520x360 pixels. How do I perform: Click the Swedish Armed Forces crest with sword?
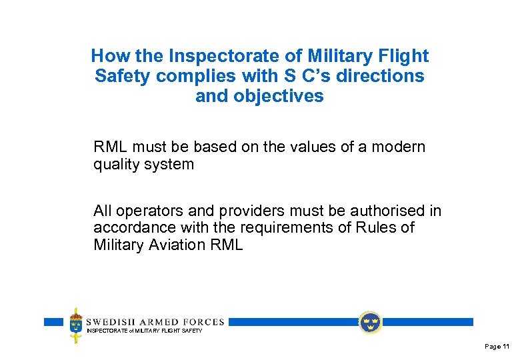click(x=77, y=325)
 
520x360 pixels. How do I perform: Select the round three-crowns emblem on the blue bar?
click(x=369, y=323)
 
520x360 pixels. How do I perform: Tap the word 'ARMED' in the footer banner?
click(x=153, y=321)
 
